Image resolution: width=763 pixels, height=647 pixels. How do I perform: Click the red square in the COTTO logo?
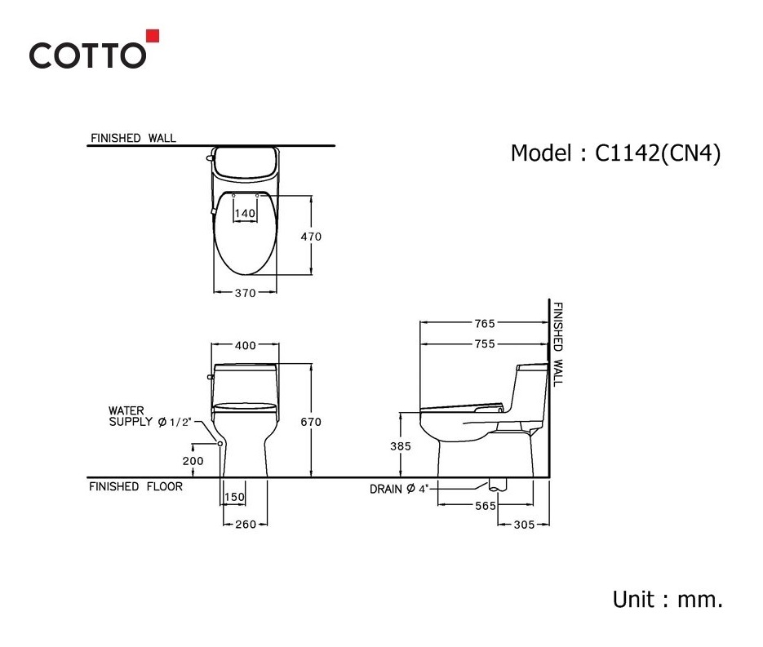tap(153, 36)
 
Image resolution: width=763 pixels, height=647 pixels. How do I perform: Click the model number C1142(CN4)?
tap(658, 153)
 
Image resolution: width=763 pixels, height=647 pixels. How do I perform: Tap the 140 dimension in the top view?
tap(245, 214)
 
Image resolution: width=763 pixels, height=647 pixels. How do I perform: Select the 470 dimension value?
tap(311, 237)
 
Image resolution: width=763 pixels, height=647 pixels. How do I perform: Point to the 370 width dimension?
tap(246, 293)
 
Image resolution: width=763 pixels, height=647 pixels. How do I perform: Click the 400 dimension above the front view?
tap(246, 345)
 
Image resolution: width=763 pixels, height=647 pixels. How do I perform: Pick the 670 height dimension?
tap(310, 422)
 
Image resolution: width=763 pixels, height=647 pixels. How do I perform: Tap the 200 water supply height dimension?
tap(193, 461)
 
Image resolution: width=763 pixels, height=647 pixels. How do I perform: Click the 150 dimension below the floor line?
tap(234, 497)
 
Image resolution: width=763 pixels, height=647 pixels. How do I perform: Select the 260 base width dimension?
tap(246, 525)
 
